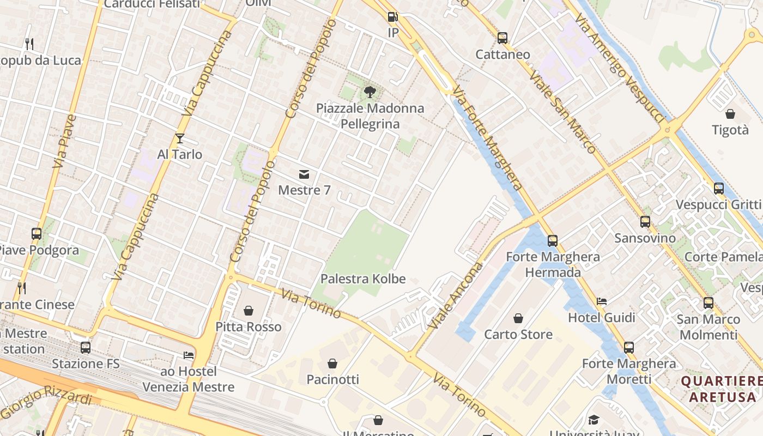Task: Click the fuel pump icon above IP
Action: tap(392, 17)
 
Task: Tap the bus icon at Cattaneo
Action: tap(502, 38)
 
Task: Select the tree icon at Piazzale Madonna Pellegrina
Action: tap(370, 92)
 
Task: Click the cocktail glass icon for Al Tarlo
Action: tap(180, 138)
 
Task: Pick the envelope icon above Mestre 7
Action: tap(304, 174)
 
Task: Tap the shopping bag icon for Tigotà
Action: tap(730, 114)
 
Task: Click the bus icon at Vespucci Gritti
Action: tap(718, 189)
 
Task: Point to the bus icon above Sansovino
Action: tap(645, 222)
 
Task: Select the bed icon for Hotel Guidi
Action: tap(602, 301)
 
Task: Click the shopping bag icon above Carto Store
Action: tap(518, 318)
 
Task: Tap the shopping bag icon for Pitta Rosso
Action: tap(249, 311)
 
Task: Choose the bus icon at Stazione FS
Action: tap(86, 347)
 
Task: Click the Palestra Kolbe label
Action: tap(363, 279)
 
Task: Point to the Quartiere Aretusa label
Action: tap(722, 389)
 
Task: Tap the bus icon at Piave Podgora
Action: tap(37, 234)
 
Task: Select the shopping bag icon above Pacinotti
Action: tap(332, 363)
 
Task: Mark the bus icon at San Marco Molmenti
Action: tap(708, 303)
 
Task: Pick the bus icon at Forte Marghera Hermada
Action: tap(553, 240)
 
